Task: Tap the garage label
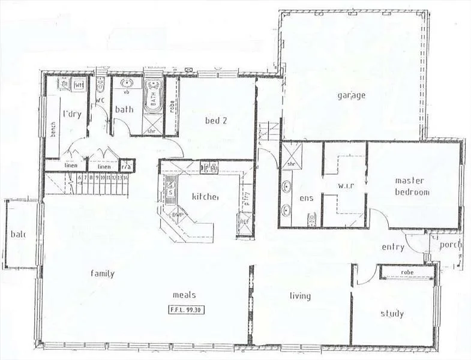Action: click(351, 95)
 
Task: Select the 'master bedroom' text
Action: click(412, 186)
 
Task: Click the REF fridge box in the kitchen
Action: click(244, 222)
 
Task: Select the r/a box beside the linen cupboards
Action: click(127, 166)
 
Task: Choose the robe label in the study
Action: click(407, 273)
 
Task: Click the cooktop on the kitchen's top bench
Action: click(209, 167)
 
